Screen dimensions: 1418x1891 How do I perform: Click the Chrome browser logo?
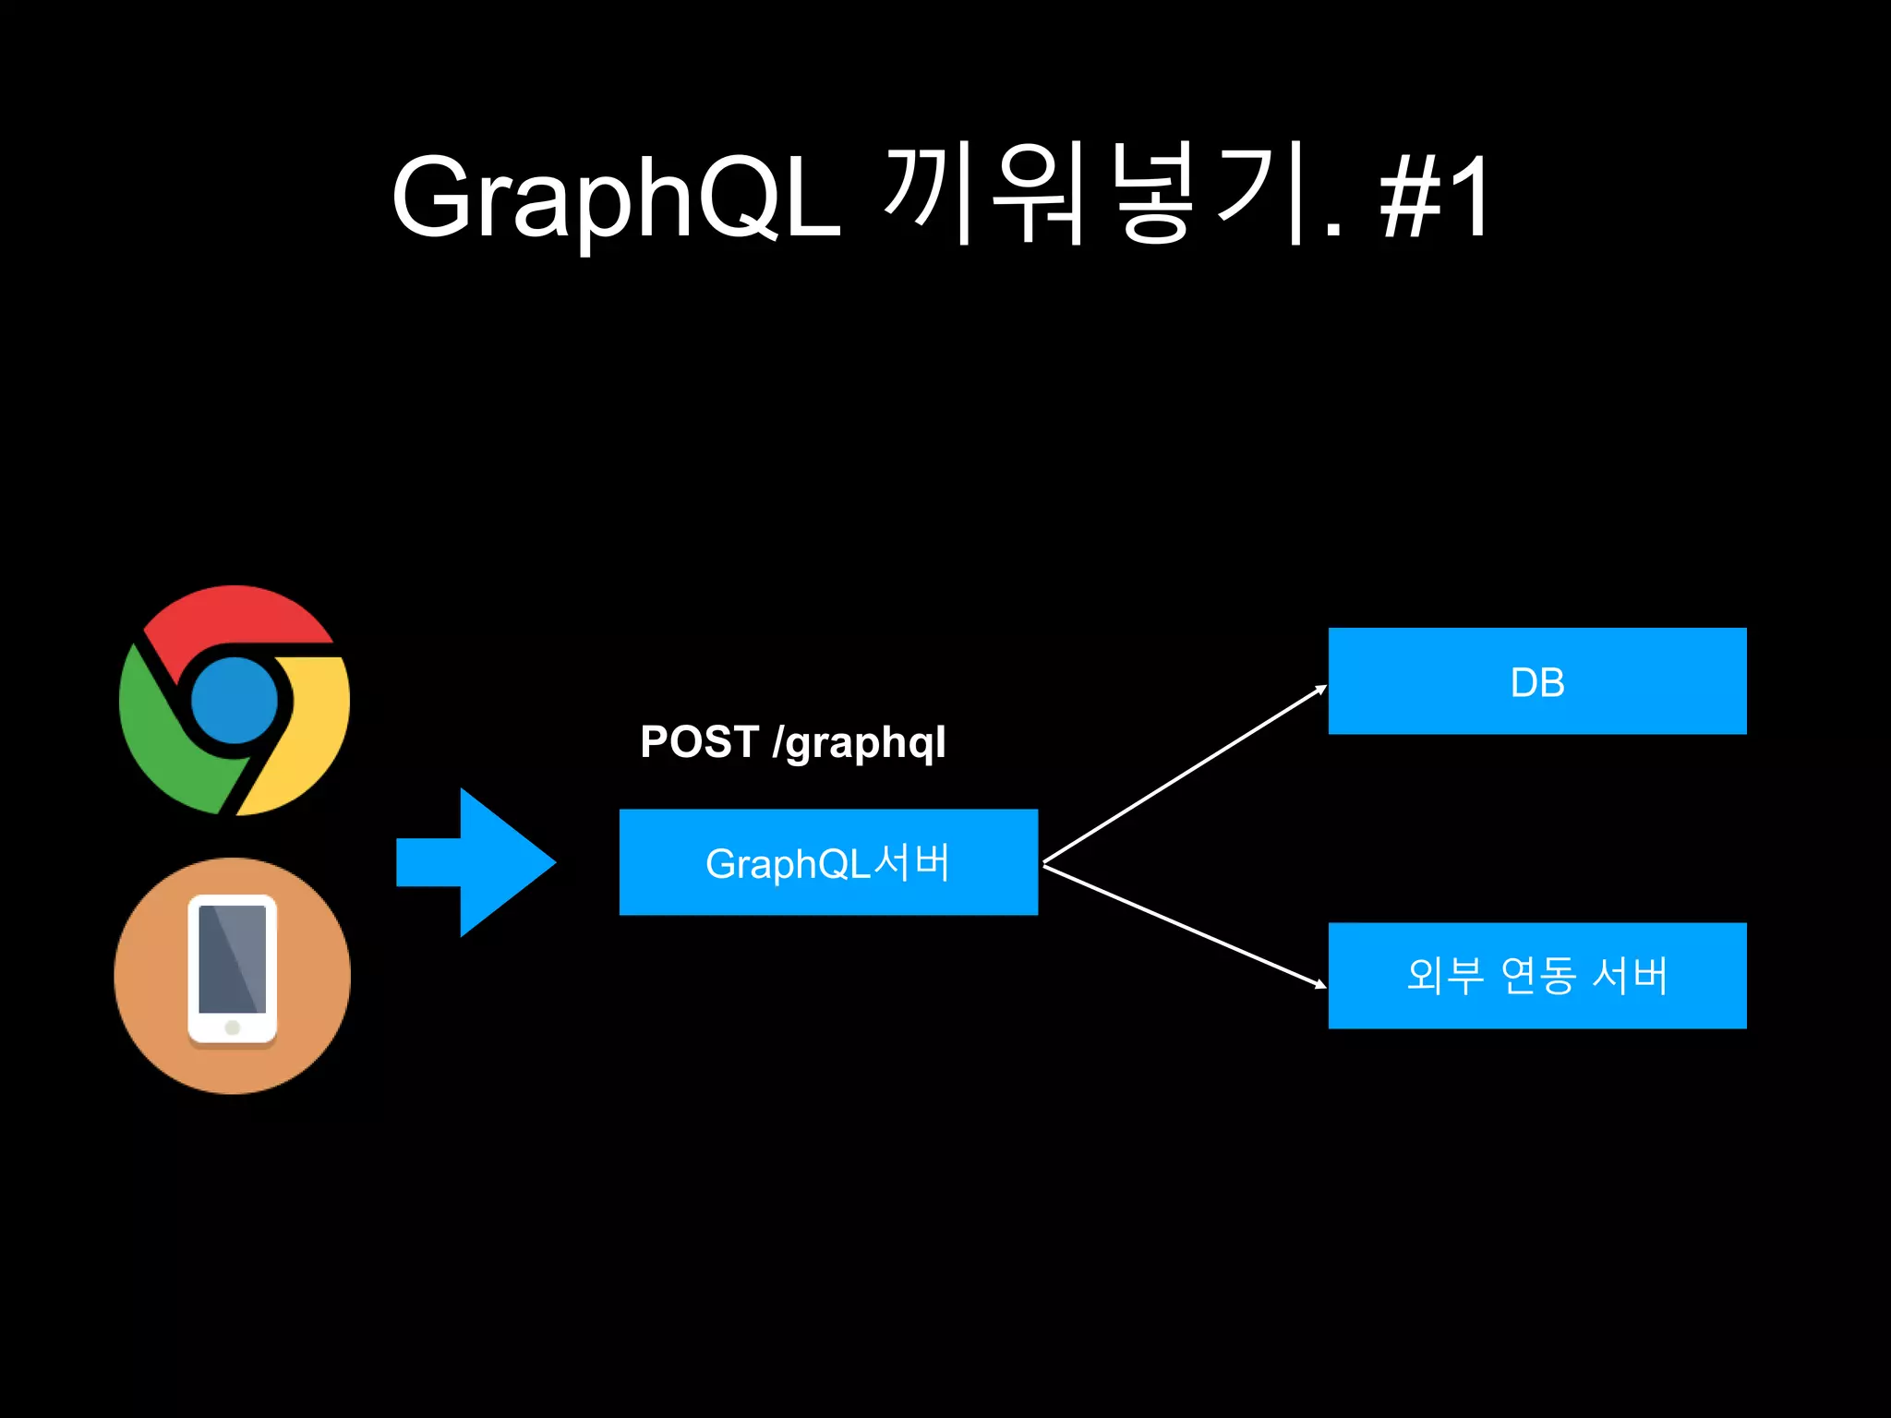pos(235,700)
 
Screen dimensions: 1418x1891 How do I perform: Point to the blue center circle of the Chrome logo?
pos(235,700)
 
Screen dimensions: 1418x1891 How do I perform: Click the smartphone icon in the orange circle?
pos(233,969)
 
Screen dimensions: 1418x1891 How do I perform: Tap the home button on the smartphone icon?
pos(233,1027)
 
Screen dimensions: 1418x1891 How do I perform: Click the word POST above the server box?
pos(699,741)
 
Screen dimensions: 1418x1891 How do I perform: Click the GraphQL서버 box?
pos(828,862)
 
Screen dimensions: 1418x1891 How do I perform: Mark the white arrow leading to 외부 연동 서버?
pos(1185,925)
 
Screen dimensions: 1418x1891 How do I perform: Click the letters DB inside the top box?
pos(1537,683)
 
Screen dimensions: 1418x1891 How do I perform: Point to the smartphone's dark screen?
pos(233,958)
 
